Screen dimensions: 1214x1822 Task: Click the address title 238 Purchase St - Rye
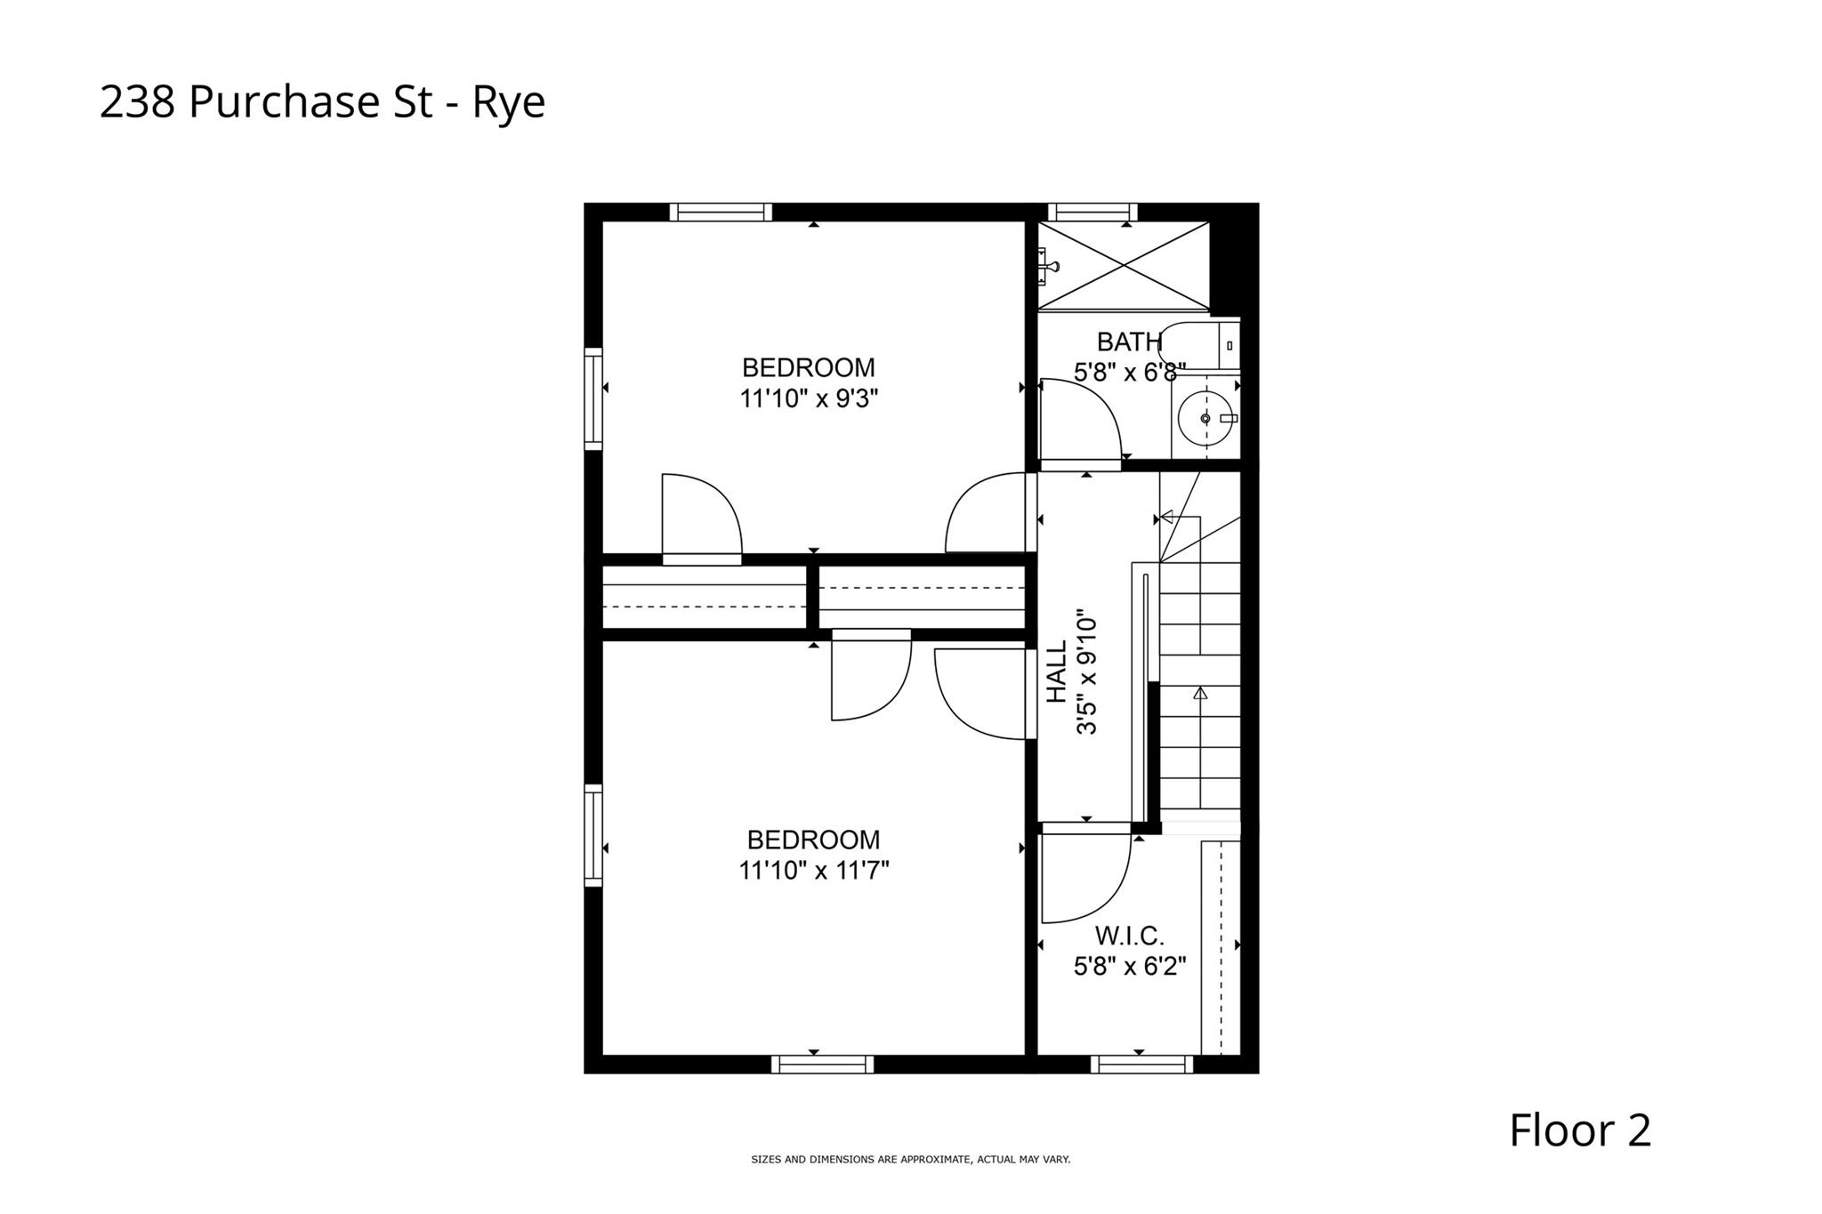click(322, 102)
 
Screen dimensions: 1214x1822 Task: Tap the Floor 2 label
click(1579, 1130)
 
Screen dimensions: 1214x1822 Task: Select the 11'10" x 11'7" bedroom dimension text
click(813, 870)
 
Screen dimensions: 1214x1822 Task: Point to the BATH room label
click(1129, 342)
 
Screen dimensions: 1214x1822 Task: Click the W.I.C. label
click(1129, 936)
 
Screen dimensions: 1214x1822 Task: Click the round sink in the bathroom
click(1205, 418)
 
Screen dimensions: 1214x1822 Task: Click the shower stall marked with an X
click(1124, 265)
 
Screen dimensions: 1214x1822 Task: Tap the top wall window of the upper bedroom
click(721, 212)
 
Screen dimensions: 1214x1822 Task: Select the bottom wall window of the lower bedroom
click(822, 1064)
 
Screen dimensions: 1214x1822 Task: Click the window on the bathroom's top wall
click(1092, 212)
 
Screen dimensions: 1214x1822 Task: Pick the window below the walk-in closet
click(1141, 1064)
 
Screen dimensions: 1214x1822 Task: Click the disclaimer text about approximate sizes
click(910, 1160)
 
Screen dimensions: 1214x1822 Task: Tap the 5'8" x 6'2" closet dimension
click(1130, 966)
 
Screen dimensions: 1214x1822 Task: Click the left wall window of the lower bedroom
click(593, 835)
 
